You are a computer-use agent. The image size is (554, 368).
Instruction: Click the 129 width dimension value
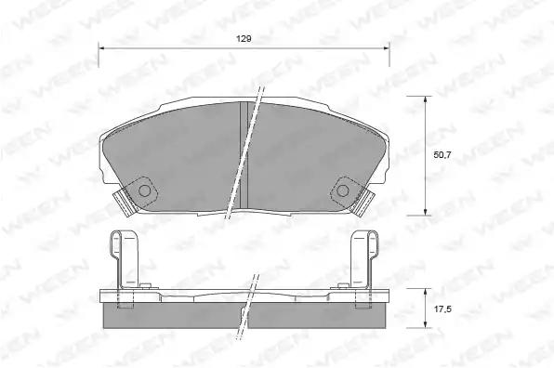point(244,39)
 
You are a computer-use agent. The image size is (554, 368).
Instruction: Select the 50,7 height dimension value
point(442,154)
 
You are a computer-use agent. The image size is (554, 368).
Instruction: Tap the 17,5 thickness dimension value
point(442,309)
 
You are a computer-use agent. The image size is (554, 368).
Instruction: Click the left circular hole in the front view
point(144,191)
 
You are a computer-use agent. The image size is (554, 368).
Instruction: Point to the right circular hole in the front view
point(342,191)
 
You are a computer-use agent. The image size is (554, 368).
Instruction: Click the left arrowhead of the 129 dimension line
point(101,47)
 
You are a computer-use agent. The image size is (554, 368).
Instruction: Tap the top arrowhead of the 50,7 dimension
point(425,99)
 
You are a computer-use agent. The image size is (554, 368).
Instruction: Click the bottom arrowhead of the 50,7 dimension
point(425,212)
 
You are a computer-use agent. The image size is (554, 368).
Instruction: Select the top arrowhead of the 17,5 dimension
point(425,292)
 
